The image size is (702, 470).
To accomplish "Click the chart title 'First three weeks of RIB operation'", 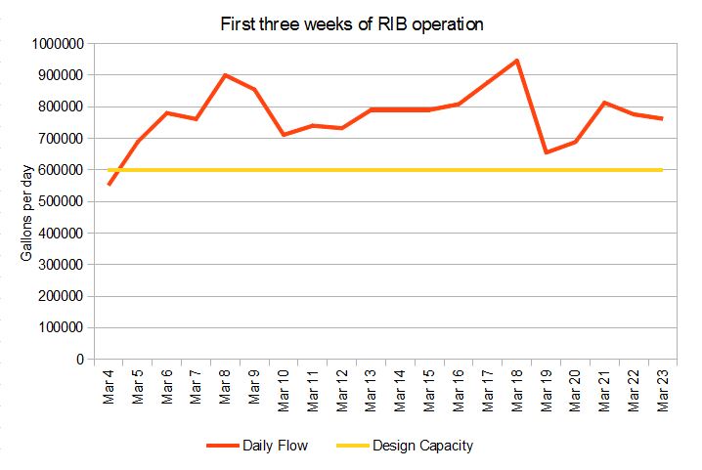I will (x=352, y=25).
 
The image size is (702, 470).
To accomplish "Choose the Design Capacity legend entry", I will (x=405, y=446).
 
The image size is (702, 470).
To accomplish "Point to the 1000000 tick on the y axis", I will (x=58, y=43).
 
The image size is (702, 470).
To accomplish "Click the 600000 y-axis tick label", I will (x=61, y=170).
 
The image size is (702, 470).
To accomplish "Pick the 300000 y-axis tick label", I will (x=61, y=265).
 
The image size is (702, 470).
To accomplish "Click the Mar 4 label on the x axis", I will (x=110, y=387).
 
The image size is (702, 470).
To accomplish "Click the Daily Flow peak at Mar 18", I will (x=516, y=61).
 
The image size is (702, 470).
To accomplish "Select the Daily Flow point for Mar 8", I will (x=226, y=75).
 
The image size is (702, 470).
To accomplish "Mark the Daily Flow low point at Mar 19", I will (x=546, y=152).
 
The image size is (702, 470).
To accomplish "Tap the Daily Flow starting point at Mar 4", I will (x=110, y=184).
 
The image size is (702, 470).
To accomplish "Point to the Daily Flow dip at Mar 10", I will (x=284, y=135).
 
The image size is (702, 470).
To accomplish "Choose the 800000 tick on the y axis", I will (x=61, y=107).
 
